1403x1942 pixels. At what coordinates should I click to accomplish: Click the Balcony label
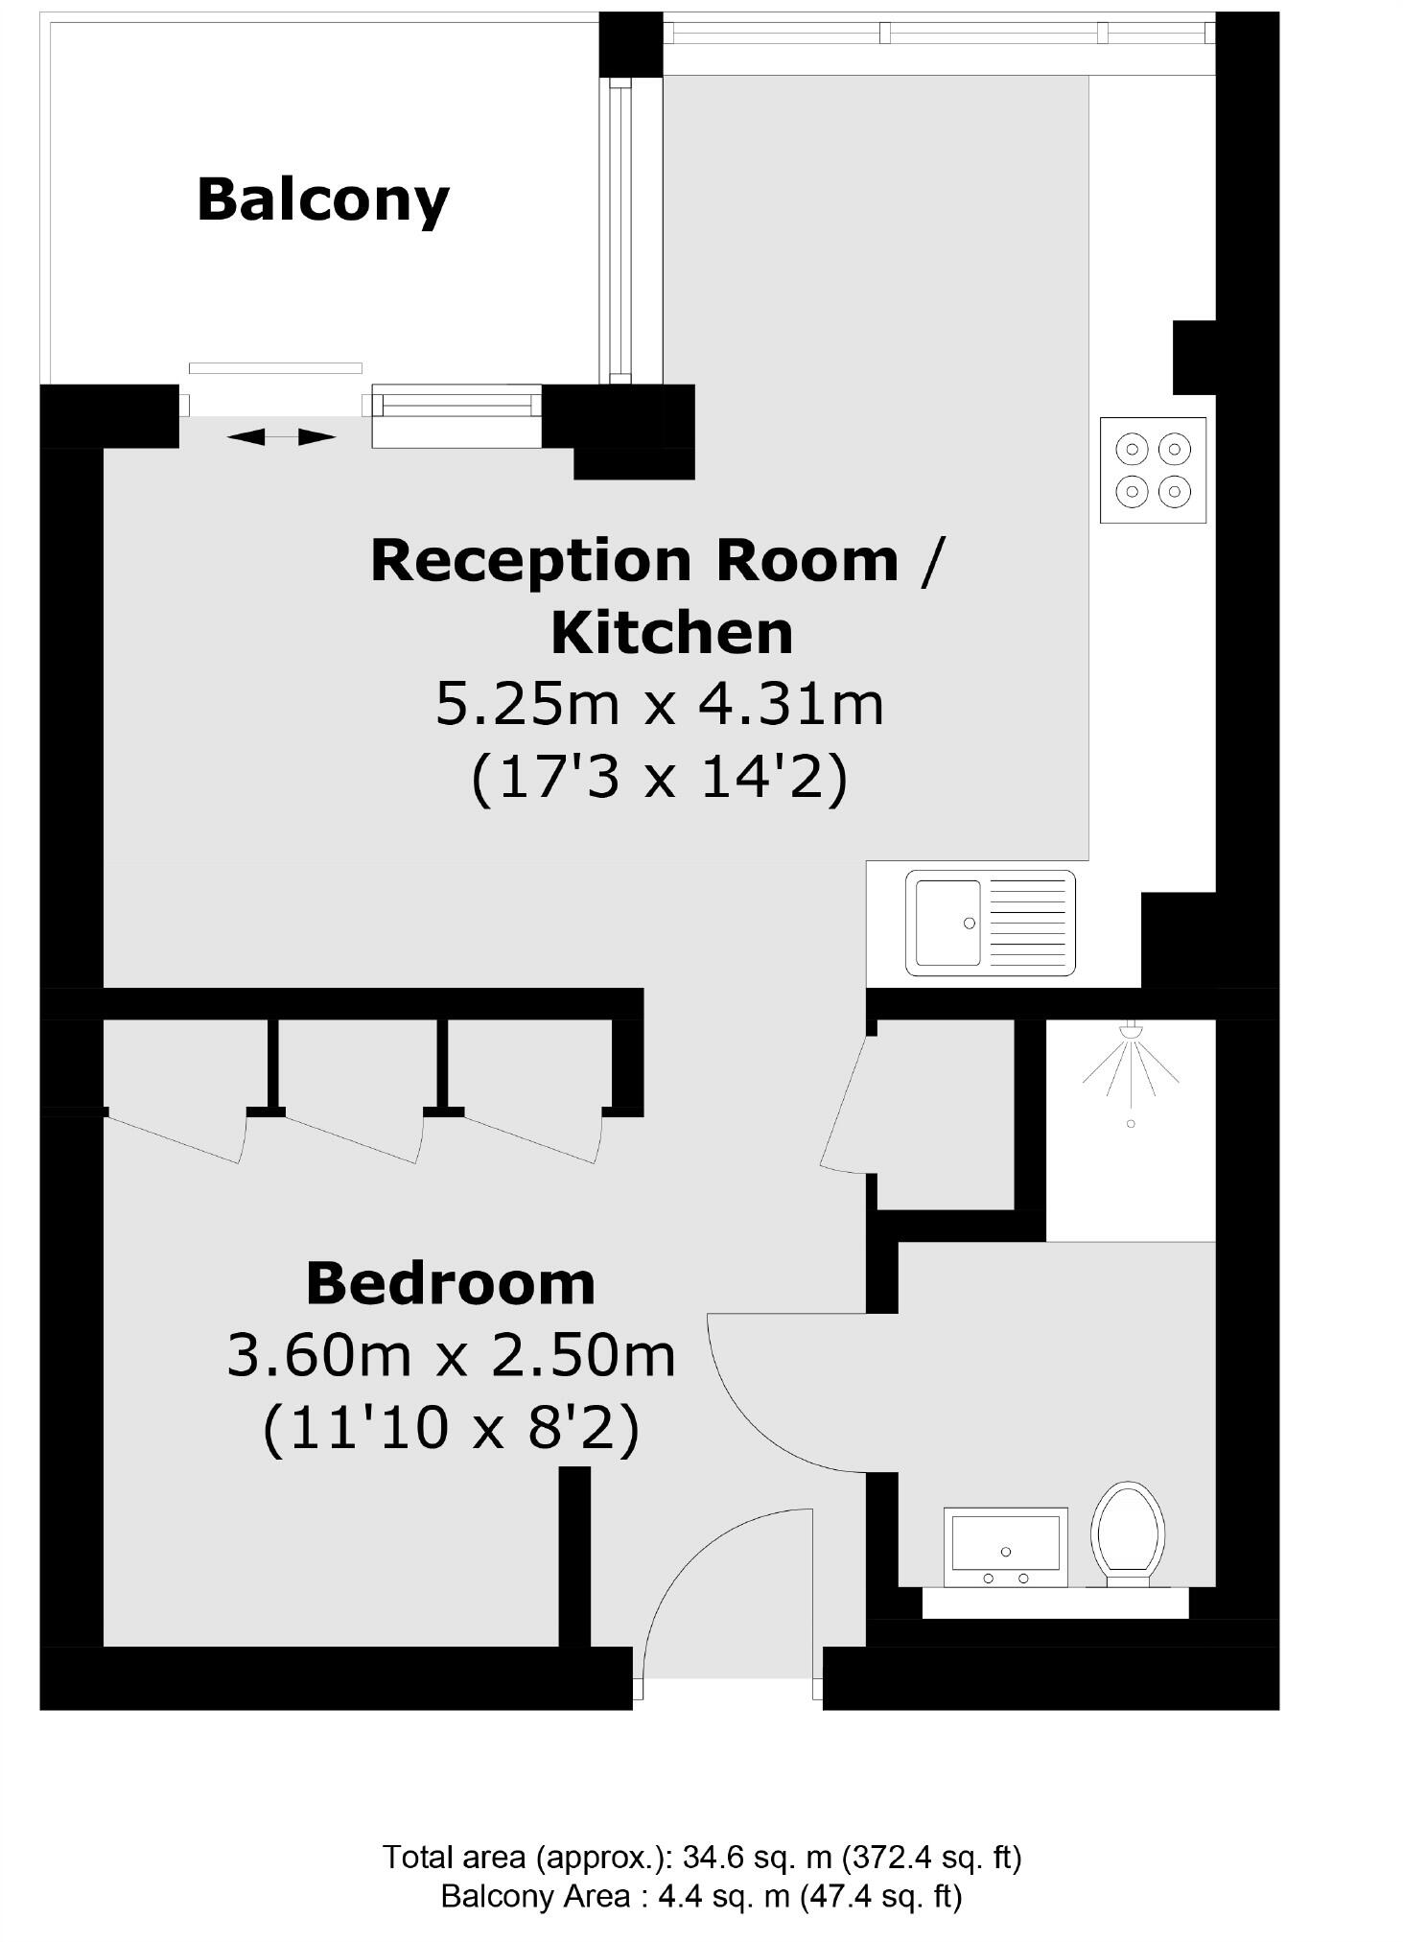click(x=323, y=199)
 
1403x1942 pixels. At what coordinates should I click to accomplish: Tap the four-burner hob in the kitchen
click(x=1152, y=470)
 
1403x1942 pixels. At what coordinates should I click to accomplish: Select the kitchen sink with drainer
click(x=990, y=923)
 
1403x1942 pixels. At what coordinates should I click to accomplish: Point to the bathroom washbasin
click(x=1005, y=1546)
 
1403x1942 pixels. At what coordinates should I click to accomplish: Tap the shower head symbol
click(x=1133, y=1032)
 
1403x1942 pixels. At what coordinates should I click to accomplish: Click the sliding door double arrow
click(x=281, y=437)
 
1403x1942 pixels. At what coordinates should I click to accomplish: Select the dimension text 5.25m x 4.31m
click(x=660, y=704)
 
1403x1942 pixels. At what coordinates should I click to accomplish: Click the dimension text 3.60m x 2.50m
click(x=451, y=1356)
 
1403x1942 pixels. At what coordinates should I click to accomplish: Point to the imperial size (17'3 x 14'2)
click(x=660, y=776)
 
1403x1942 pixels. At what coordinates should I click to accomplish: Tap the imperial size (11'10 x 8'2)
click(x=451, y=1428)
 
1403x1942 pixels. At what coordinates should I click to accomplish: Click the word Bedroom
click(x=451, y=1283)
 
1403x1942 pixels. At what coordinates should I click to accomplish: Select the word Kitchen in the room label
click(x=672, y=632)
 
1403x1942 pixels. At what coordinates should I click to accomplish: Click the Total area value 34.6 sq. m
click(x=756, y=1858)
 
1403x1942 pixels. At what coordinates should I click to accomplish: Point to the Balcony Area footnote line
click(x=701, y=1896)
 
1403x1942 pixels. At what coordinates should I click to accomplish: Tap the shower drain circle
click(x=1131, y=1123)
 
